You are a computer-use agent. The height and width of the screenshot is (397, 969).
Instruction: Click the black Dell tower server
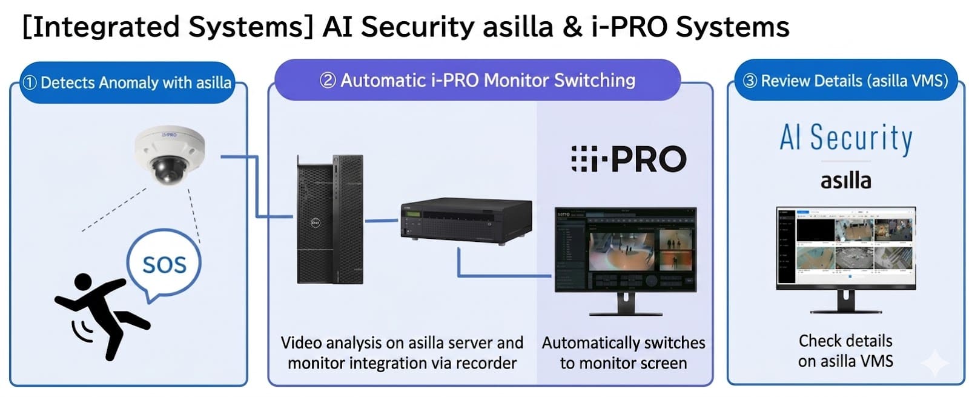(x=329, y=219)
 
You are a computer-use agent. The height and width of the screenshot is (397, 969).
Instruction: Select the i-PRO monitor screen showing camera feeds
(x=626, y=249)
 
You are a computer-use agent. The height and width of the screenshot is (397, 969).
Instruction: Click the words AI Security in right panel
(x=845, y=138)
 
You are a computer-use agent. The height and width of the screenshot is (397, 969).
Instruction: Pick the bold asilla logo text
(x=845, y=180)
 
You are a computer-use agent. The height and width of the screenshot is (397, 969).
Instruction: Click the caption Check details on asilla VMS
(x=845, y=351)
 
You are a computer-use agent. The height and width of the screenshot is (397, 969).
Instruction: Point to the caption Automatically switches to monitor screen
(x=623, y=353)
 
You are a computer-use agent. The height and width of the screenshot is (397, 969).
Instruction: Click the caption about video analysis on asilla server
(x=402, y=353)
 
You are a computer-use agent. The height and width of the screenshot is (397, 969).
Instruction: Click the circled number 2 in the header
(x=328, y=80)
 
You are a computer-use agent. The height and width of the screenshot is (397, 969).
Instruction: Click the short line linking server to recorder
(x=382, y=220)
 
